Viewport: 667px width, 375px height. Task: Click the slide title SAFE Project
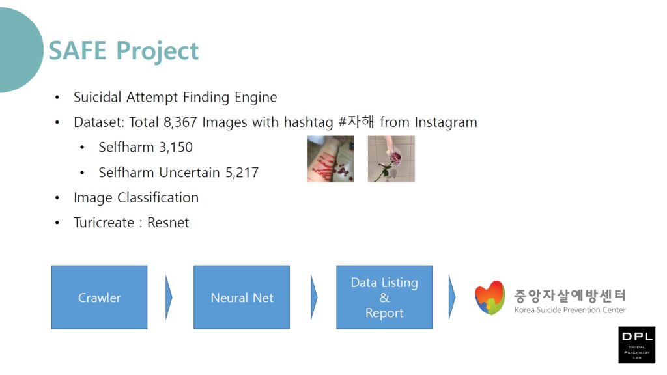pos(123,51)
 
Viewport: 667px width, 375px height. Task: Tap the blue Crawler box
pos(99,297)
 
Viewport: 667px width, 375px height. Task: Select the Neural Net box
pos(242,297)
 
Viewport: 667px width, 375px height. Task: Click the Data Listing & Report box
pos(384,297)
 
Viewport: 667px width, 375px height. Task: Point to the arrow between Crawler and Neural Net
pos(169,297)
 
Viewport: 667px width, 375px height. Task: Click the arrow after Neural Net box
pos(314,297)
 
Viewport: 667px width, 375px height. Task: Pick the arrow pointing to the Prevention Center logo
pos(452,297)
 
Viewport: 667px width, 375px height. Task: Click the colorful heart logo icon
pos(490,298)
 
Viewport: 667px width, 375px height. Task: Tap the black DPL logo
pos(637,345)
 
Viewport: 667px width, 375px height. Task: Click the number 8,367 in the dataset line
pos(180,122)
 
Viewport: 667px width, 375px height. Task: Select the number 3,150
pos(176,148)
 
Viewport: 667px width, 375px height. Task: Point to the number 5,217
pos(242,173)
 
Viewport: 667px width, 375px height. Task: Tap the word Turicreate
pos(104,223)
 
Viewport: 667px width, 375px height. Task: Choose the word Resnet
pos(168,223)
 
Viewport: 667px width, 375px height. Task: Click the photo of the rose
pos(391,159)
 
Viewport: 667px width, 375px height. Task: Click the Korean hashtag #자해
pos(356,122)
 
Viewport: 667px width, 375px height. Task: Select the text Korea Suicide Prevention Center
pos(570,310)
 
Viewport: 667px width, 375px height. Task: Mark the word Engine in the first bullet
pos(255,98)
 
